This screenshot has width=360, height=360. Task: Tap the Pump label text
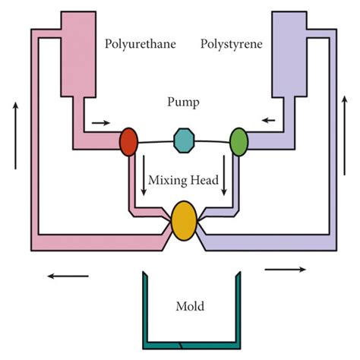(x=182, y=101)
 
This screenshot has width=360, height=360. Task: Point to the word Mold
(x=190, y=308)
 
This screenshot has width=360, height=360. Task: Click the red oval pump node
(x=129, y=141)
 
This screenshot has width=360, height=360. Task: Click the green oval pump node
(x=239, y=141)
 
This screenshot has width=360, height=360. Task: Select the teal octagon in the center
(x=184, y=140)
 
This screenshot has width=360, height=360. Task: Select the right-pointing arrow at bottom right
(x=286, y=268)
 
